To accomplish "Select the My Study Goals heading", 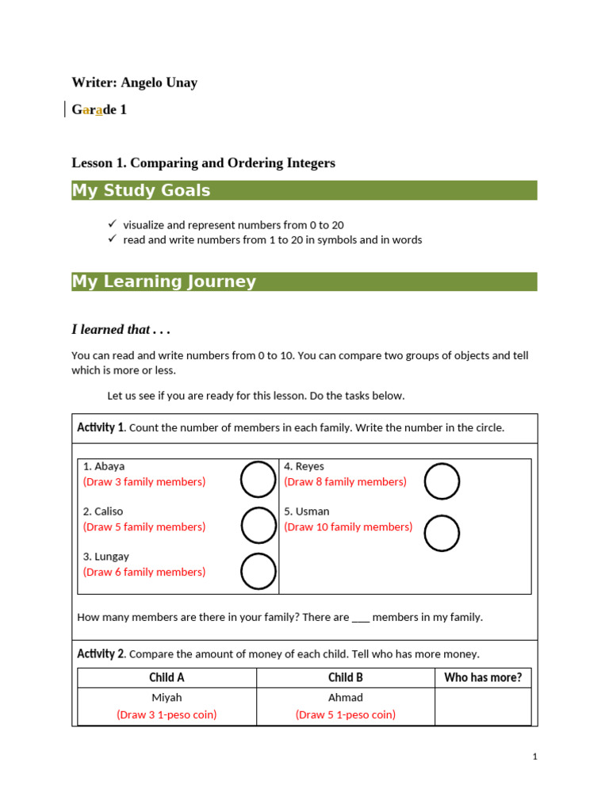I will point(141,190).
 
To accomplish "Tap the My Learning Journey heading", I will point(164,282).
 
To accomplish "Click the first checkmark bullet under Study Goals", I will point(112,224).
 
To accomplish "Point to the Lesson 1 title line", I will point(203,163).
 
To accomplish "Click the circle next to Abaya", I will point(259,481).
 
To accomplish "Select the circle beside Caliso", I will point(259,526).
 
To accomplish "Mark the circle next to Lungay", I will point(259,571).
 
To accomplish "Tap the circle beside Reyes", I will point(442,481).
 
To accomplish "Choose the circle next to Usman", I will point(442,533).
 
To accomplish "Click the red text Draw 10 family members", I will point(348,527).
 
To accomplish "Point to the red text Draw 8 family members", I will point(345,481).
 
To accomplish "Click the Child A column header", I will point(167,677).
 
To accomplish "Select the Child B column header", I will point(346,677).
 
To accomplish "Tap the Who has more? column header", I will point(483,677).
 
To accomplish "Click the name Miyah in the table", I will point(167,698).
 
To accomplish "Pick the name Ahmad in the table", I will point(346,698).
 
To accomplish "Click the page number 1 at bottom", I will point(535,756).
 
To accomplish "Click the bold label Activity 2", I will point(101,654).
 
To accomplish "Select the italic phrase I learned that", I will point(121,329).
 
